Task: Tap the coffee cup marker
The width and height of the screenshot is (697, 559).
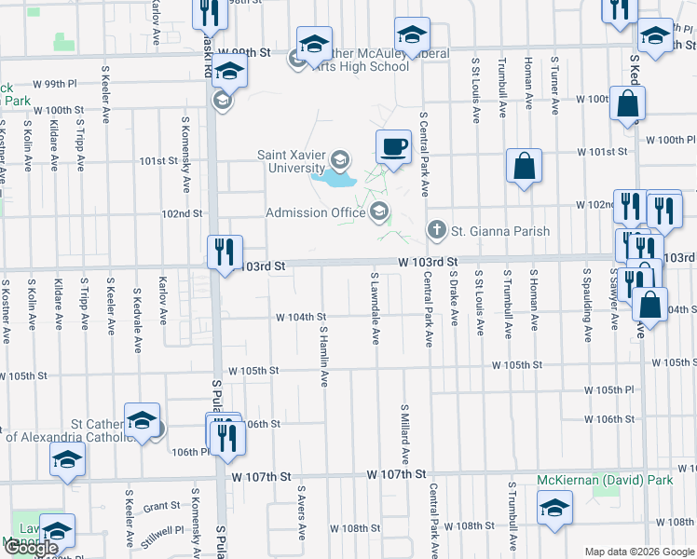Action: [x=393, y=146]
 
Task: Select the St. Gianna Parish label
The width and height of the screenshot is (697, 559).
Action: [x=500, y=230]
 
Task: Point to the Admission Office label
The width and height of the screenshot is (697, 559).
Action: [x=316, y=212]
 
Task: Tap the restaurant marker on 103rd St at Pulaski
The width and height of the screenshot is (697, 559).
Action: [x=225, y=252]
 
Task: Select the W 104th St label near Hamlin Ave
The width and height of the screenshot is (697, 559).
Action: [x=300, y=318]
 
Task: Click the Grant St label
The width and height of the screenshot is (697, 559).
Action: [x=161, y=506]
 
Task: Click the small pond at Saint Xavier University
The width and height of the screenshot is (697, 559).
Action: [x=333, y=176]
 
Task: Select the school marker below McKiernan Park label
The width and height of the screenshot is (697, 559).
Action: [x=554, y=507]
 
